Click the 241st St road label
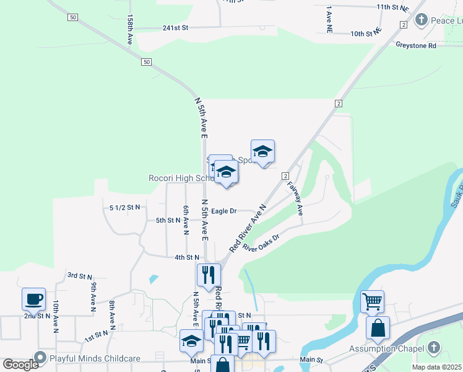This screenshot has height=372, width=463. (x=175, y=28)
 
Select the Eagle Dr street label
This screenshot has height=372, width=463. (x=223, y=211)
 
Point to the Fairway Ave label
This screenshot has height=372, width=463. (x=295, y=198)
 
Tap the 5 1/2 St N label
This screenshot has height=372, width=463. (x=124, y=206)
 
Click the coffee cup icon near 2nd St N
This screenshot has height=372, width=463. (x=33, y=299)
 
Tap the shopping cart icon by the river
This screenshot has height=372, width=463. (x=372, y=301)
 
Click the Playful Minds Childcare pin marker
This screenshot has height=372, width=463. (x=41, y=358)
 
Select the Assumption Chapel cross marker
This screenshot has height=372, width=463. (x=434, y=348)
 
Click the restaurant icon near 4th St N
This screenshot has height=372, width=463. (x=209, y=274)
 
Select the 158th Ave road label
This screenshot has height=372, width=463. (x=130, y=29)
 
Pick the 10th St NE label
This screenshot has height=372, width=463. (x=366, y=33)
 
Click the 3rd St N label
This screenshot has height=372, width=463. (x=79, y=275)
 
